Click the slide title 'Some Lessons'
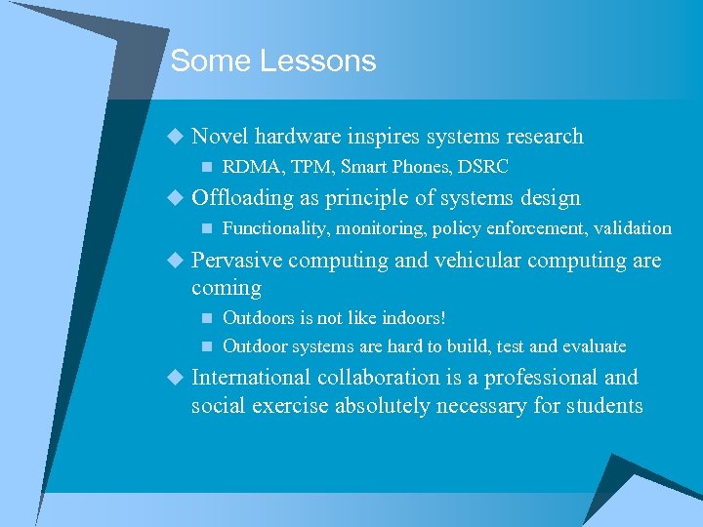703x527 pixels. (272, 61)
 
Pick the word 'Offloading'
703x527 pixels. (242, 198)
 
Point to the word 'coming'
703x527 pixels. (227, 288)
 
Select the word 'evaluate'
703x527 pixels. (593, 346)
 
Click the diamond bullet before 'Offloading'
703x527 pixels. (175, 198)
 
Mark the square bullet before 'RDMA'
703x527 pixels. (205, 167)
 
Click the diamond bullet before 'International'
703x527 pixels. (175, 378)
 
